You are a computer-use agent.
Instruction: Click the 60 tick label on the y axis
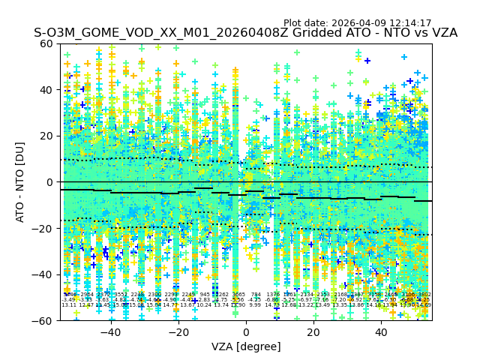(47, 43)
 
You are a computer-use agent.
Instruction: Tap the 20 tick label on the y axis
(47, 136)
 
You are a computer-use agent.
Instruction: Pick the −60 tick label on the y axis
(44, 320)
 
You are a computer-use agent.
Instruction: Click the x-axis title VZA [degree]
(246, 346)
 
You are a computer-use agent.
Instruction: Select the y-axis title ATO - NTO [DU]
(21, 182)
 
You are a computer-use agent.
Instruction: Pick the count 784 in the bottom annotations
(256, 295)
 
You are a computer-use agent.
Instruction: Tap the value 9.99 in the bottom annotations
(255, 305)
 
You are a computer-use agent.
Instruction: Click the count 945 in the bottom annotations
(205, 295)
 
